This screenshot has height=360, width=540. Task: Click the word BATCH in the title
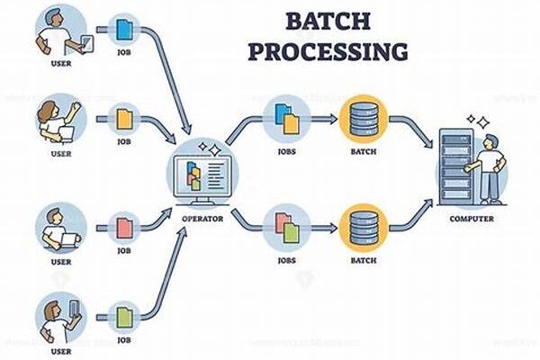click(x=326, y=20)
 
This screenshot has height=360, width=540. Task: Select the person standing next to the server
click(x=489, y=167)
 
